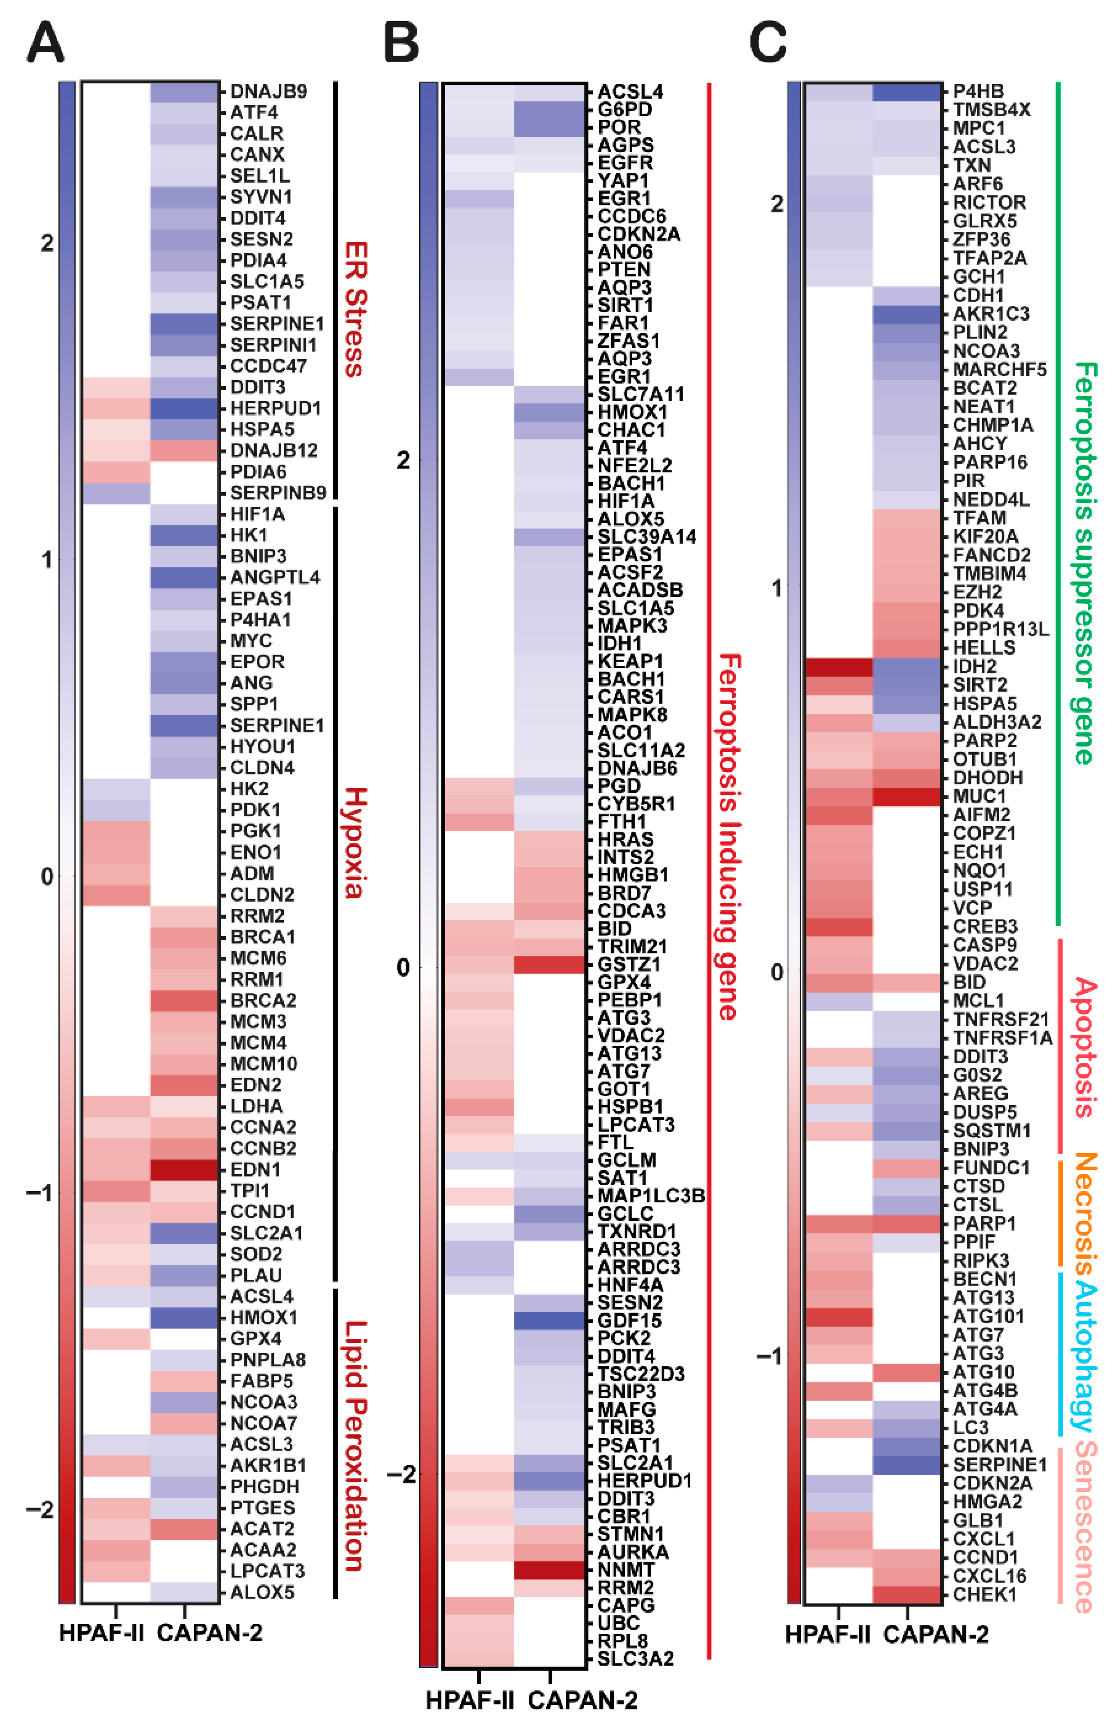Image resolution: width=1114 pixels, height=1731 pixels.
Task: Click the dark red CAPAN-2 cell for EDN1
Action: coord(184,1170)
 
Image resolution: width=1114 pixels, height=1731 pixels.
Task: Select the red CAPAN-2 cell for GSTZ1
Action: coord(549,964)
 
